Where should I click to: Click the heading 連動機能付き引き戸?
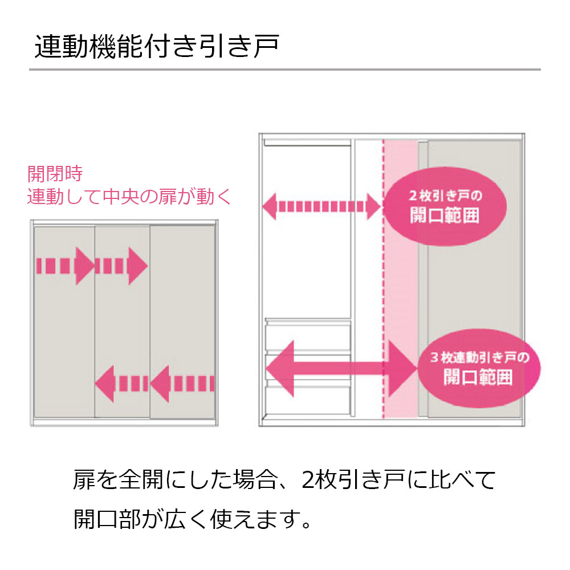(156, 48)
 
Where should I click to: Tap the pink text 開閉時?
(55, 173)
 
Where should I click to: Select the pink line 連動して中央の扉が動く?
(130, 197)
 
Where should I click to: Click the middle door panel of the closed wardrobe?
(122, 319)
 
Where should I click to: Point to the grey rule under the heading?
(285, 70)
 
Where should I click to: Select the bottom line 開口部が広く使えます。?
(194, 519)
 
